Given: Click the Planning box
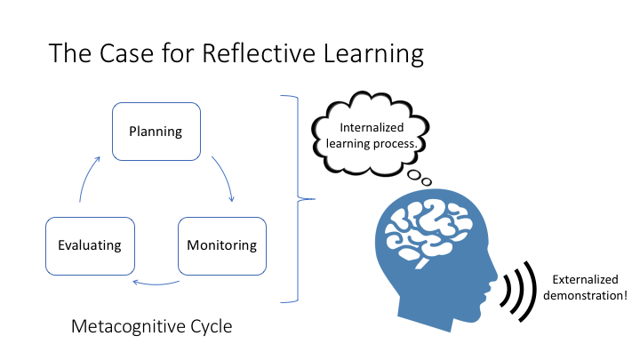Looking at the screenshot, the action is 156,132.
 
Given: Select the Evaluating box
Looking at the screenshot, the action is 90,246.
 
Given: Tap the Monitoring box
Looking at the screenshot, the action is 222,246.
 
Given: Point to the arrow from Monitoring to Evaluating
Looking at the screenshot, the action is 156,284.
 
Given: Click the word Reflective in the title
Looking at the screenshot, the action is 259,53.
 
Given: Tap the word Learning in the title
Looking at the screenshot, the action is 373,54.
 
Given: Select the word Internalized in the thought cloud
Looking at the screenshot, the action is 372,127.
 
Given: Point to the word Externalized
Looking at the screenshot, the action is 585,280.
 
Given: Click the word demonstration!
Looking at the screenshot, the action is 585,295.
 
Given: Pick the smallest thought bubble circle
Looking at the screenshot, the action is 426,181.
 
